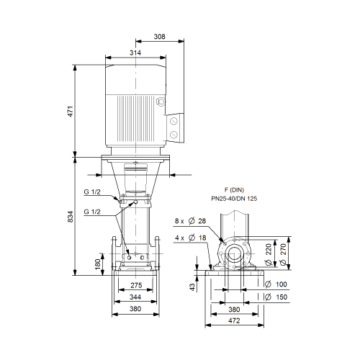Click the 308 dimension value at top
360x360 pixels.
click(x=159, y=37)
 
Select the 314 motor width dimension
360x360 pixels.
click(x=135, y=53)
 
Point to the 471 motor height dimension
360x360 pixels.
click(x=70, y=111)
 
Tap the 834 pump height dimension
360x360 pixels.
click(x=70, y=217)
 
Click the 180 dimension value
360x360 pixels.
click(x=98, y=264)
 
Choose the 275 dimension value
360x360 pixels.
click(x=136, y=285)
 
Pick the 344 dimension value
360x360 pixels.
click(x=135, y=297)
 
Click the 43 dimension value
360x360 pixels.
click(x=193, y=287)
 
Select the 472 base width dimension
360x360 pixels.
click(x=234, y=320)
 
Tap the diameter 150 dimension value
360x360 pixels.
click(x=276, y=297)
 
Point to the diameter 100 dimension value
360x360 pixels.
click(x=276, y=284)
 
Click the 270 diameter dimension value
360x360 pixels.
click(x=284, y=254)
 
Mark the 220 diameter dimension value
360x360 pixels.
click(x=269, y=254)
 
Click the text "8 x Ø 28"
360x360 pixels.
click(x=190, y=221)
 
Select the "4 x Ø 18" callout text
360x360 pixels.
click(x=191, y=238)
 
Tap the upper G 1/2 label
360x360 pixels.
click(x=92, y=192)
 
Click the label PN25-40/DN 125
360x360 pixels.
click(x=234, y=199)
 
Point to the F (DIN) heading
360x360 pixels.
click(x=234, y=190)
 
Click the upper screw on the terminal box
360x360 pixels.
click(x=174, y=121)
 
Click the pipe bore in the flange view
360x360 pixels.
click(x=234, y=253)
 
